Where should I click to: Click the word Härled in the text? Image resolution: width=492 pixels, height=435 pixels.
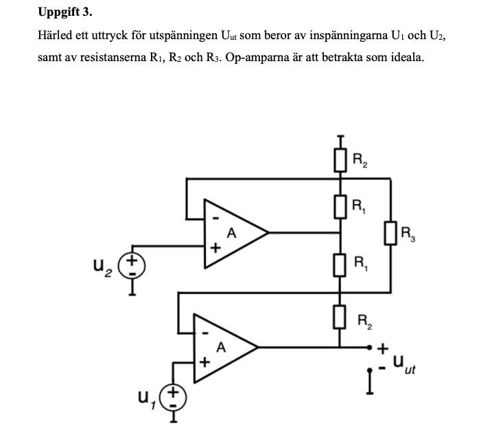pos(56,35)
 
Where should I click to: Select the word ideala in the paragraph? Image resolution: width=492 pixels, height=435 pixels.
pos(406,57)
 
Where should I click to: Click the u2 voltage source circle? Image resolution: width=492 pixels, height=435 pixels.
pos(132,265)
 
